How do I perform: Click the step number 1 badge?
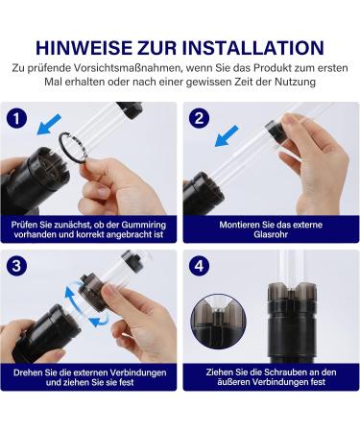click(16, 118)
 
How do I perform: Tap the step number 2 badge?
click(199, 118)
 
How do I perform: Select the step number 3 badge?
click(16, 266)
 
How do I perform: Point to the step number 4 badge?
click(199, 266)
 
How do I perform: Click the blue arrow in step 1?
click(49, 124)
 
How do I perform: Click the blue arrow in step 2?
click(227, 136)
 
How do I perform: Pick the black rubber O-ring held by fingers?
click(73, 148)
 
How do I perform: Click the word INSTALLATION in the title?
click(253, 48)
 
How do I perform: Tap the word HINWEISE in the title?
click(84, 48)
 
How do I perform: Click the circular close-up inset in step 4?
click(219, 322)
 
